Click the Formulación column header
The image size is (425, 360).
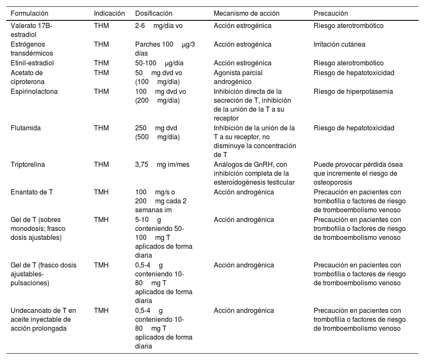click(29, 14)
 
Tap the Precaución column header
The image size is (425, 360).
click(331, 14)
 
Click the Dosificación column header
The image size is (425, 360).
click(154, 14)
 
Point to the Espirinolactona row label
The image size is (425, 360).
click(34, 91)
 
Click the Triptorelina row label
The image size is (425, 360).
click(28, 164)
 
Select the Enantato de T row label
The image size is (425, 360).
click(32, 192)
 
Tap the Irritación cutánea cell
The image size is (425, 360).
click(339, 44)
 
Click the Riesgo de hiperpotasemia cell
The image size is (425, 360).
click(353, 91)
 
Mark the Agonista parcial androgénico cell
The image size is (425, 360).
click(238, 77)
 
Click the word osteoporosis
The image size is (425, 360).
click(331, 182)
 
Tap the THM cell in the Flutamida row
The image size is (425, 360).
click(101, 128)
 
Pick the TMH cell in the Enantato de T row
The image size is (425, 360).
click(101, 192)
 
